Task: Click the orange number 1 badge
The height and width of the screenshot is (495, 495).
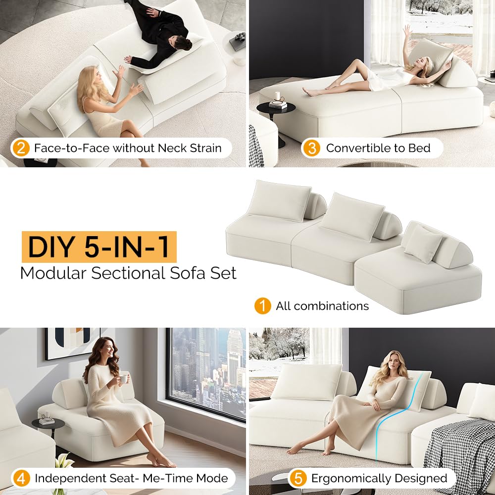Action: (x=262, y=306)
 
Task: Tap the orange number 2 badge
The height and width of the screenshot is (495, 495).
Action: (x=21, y=148)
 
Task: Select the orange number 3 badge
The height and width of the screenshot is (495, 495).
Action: (x=311, y=148)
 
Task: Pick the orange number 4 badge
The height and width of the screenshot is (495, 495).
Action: (x=21, y=478)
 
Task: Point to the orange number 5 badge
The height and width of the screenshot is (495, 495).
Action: (x=297, y=478)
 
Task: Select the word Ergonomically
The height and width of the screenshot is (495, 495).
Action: (x=360, y=478)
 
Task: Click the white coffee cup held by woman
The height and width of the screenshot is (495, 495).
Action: (x=123, y=378)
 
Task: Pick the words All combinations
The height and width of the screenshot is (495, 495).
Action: (x=322, y=306)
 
